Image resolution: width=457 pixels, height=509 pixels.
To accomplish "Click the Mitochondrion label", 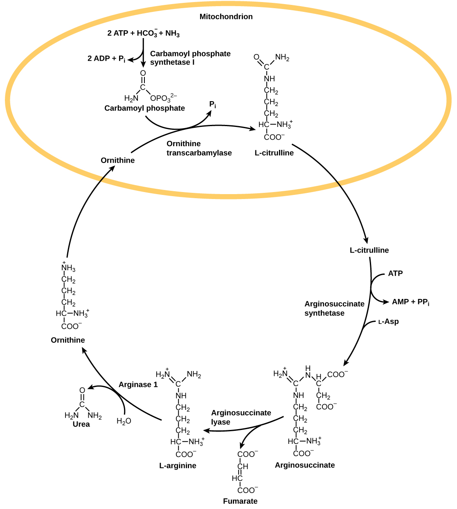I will tap(226, 17).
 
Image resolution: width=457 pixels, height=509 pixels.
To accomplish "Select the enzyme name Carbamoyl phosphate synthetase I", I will tap(190, 58).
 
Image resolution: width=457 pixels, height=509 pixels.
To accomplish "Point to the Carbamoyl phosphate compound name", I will tap(144, 108).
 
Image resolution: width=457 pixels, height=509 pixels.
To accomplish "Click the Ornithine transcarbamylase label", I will tap(199, 148).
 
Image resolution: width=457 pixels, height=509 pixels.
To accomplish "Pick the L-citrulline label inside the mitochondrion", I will tap(274, 153).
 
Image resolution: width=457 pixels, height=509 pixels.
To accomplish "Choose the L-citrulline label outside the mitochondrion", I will tap(369, 250).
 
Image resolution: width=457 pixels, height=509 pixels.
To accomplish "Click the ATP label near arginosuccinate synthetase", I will tap(395, 273).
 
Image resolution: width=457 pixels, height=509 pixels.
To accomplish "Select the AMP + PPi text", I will tap(410, 302).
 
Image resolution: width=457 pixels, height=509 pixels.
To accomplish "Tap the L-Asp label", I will tap(388, 321).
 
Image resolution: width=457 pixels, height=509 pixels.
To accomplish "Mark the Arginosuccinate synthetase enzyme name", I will tap(334, 308).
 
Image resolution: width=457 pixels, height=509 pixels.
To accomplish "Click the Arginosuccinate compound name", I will tap(305, 465).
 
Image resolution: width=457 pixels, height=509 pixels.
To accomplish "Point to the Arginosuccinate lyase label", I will tap(241, 417).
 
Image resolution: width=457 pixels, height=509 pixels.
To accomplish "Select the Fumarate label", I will tap(240, 501).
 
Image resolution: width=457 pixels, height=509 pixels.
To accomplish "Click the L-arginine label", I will tap(178, 466).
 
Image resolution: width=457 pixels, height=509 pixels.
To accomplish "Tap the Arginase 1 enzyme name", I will tap(138, 385).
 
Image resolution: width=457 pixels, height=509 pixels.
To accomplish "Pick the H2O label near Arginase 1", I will tap(124, 421).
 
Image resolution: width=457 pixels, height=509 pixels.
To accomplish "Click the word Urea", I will tap(81, 424).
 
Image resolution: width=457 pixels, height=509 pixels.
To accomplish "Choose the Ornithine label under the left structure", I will tap(68, 340).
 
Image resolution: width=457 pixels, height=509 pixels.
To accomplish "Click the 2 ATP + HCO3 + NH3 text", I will tap(143, 33).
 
